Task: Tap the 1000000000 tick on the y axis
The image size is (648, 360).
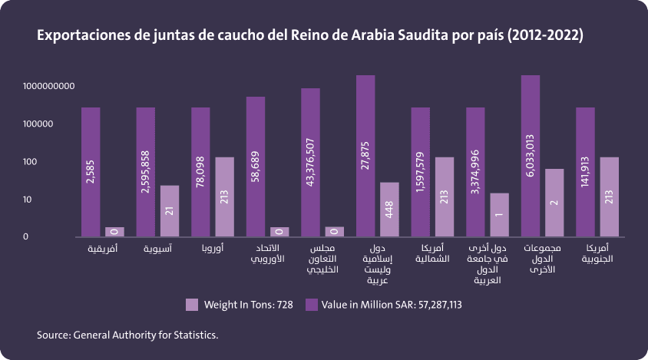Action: (x=48, y=86)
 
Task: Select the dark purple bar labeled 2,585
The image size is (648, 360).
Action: (x=91, y=172)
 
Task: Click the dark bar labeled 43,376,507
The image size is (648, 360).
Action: (x=310, y=163)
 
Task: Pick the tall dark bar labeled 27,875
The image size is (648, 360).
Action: (x=365, y=156)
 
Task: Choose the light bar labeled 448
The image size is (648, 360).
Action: (x=389, y=209)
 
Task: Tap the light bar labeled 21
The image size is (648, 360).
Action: (x=170, y=211)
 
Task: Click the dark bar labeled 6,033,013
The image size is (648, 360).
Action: (x=530, y=156)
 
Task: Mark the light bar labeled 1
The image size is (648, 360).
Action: (x=499, y=215)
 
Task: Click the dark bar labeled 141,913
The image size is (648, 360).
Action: (x=585, y=172)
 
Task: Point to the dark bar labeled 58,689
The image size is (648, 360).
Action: (x=256, y=167)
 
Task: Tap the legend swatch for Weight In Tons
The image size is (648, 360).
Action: (x=192, y=305)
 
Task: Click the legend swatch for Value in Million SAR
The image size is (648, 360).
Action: (x=312, y=305)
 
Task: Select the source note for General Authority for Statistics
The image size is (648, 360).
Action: (x=127, y=335)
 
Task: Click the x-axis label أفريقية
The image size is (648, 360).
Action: (x=102, y=249)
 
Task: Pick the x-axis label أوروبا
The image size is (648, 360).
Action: (x=211, y=249)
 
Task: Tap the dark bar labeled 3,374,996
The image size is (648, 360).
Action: (x=475, y=172)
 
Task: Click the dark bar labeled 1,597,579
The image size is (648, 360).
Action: (x=420, y=172)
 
